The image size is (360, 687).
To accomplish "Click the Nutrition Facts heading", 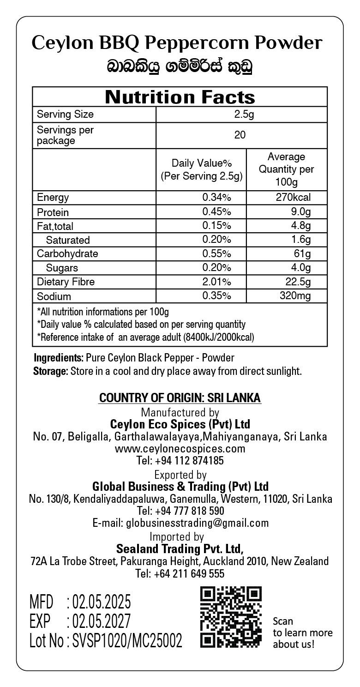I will point(180,97).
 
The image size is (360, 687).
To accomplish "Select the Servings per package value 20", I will point(240,135).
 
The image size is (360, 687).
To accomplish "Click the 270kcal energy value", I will point(293,198).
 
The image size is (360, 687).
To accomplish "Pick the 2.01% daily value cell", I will point(217,282).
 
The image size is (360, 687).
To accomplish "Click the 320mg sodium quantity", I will point(295,296).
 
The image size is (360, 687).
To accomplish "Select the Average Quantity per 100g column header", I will point(286,169).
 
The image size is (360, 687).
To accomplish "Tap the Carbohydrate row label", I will point(67,254).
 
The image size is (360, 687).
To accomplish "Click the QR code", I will point(231,617).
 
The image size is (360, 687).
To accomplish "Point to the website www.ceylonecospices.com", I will point(180,449).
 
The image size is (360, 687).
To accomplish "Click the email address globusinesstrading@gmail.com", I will point(180,523).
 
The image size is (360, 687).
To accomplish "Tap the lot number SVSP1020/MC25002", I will point(127,641).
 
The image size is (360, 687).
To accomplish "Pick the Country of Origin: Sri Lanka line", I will point(180,398).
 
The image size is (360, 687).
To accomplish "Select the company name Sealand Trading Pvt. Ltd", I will point(180,549).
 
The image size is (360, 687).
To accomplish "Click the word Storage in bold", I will point(50,371).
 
